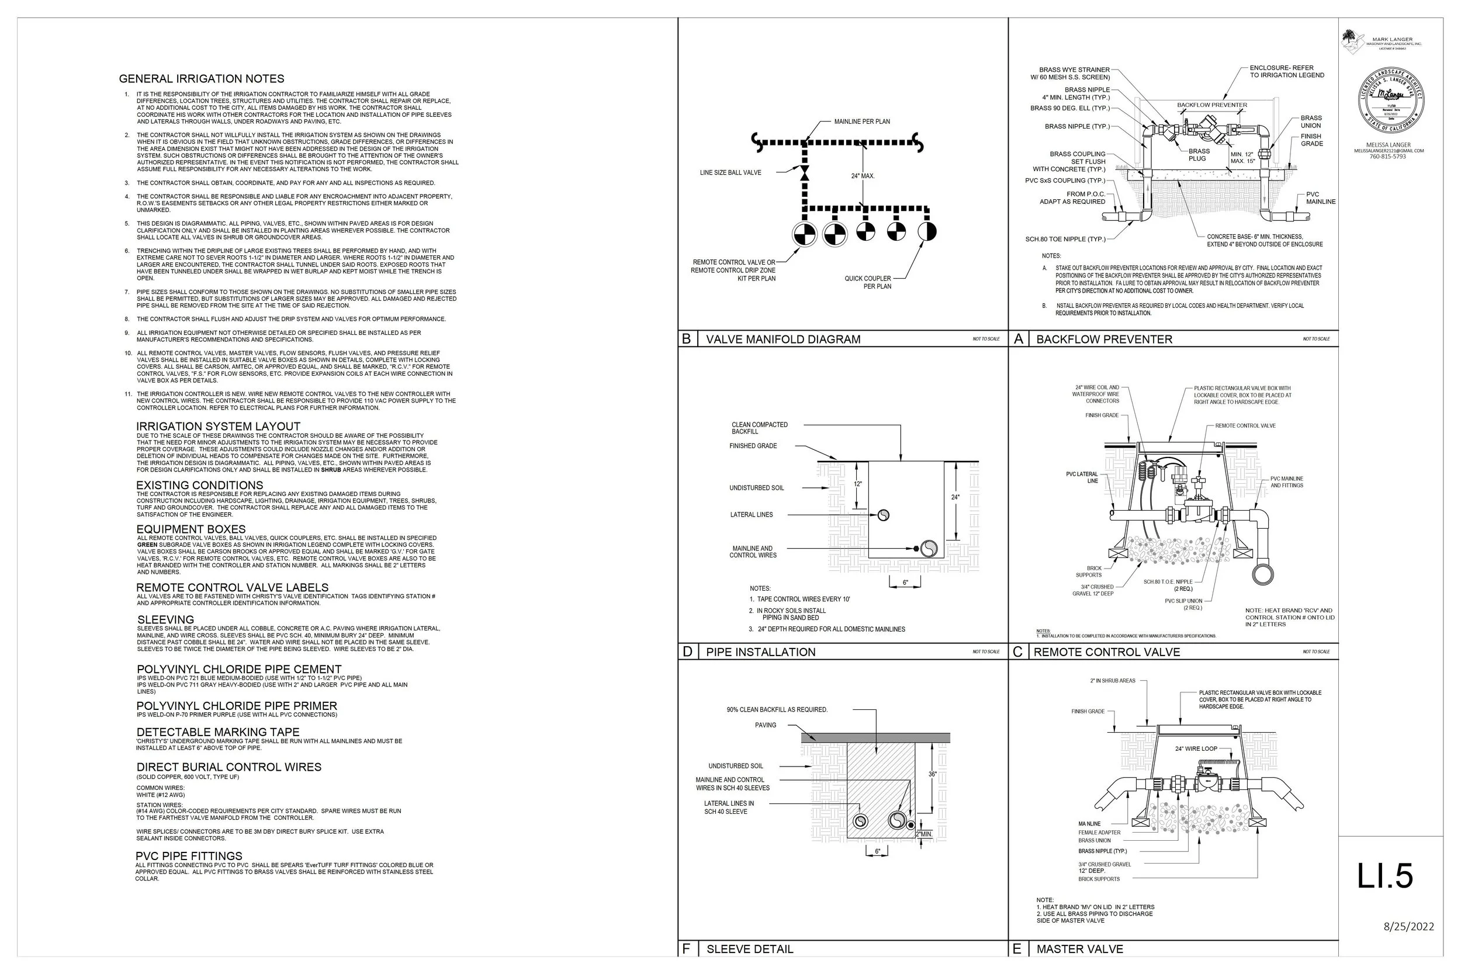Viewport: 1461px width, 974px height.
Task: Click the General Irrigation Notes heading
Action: coord(201,79)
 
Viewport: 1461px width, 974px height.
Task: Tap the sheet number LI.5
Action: coord(1384,876)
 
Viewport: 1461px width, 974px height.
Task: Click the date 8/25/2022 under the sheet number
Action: coord(1409,927)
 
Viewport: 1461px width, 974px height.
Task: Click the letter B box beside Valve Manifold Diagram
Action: coord(687,339)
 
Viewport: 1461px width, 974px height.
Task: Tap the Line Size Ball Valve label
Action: coord(730,173)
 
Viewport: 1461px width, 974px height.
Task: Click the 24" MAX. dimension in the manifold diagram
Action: coord(863,176)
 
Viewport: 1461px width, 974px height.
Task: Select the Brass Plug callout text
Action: coord(1198,155)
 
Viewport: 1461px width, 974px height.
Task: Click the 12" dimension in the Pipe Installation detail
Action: coord(858,484)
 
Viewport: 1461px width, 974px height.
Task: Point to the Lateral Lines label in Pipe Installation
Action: coord(751,515)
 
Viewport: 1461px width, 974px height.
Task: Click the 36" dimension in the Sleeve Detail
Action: coord(932,774)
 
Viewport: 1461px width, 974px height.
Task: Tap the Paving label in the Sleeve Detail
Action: coord(766,725)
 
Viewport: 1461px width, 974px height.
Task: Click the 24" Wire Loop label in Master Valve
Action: coord(1196,748)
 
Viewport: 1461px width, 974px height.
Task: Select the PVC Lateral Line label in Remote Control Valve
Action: coord(1082,477)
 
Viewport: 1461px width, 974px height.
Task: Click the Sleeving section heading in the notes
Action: coord(165,620)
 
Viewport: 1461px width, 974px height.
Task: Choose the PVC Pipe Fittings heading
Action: coord(189,856)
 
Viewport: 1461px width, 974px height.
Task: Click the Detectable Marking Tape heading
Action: coord(217,732)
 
